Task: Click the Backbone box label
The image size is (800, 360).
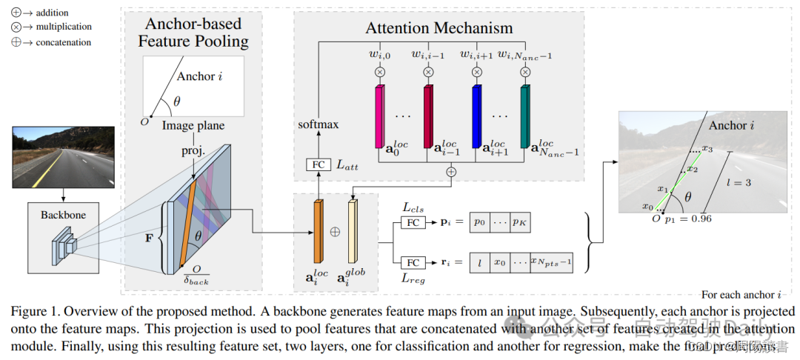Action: click(x=63, y=216)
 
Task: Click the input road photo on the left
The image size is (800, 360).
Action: click(x=63, y=156)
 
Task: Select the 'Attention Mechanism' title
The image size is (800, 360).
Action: click(x=439, y=28)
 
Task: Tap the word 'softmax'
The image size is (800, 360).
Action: click(x=319, y=124)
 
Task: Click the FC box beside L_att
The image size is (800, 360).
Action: click(x=318, y=164)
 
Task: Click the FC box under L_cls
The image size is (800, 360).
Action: click(x=413, y=222)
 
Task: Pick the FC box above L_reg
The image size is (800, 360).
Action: click(x=413, y=262)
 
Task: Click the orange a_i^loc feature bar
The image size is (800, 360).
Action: click(x=319, y=231)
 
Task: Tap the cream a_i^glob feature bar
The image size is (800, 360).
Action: click(x=352, y=231)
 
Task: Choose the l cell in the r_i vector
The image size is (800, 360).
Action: click(x=480, y=263)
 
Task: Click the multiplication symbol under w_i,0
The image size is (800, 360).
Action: click(x=380, y=72)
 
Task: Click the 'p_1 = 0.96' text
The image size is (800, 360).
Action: click(x=689, y=219)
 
